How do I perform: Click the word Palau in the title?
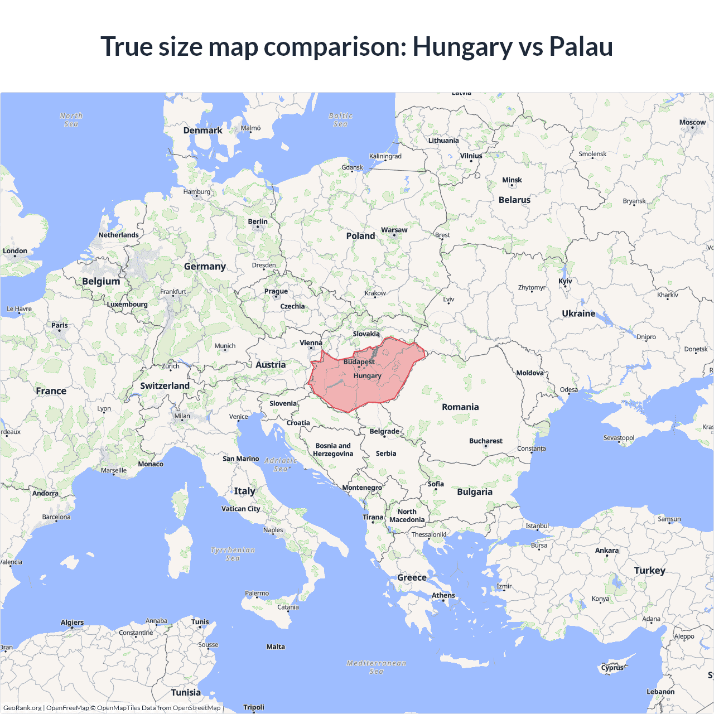tap(581, 46)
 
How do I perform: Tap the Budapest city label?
tap(359, 362)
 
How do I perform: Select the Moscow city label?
tap(692, 122)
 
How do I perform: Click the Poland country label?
tap(360, 236)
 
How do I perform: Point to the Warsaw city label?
tap(394, 230)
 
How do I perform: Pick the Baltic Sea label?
tap(340, 120)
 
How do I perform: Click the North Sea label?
tap(71, 120)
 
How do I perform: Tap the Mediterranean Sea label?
tap(377, 667)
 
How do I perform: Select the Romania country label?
tap(460, 407)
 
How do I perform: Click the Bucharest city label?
tap(485, 441)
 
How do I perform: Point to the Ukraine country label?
tap(578, 313)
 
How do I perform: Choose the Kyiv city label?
tap(565, 281)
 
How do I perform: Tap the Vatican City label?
tap(240, 509)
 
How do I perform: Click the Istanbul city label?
tap(537, 526)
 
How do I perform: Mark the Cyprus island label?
tap(612, 668)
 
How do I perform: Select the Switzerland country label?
tap(165, 386)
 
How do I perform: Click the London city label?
tap(15, 251)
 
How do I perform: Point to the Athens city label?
tap(443, 595)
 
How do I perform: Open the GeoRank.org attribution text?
tap(22, 708)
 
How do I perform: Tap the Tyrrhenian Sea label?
tap(233, 554)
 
